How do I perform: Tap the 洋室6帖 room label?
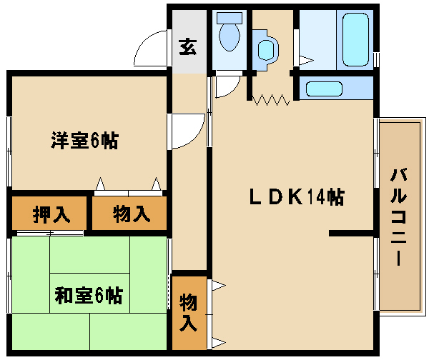click(x=84, y=141)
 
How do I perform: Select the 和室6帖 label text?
click(x=89, y=295)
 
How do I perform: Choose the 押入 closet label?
click(x=50, y=213)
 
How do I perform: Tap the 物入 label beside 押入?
click(x=131, y=213)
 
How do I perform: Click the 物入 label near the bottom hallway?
click(x=188, y=311)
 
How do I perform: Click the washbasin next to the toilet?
click(x=265, y=49)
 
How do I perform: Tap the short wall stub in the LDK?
click(x=351, y=233)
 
